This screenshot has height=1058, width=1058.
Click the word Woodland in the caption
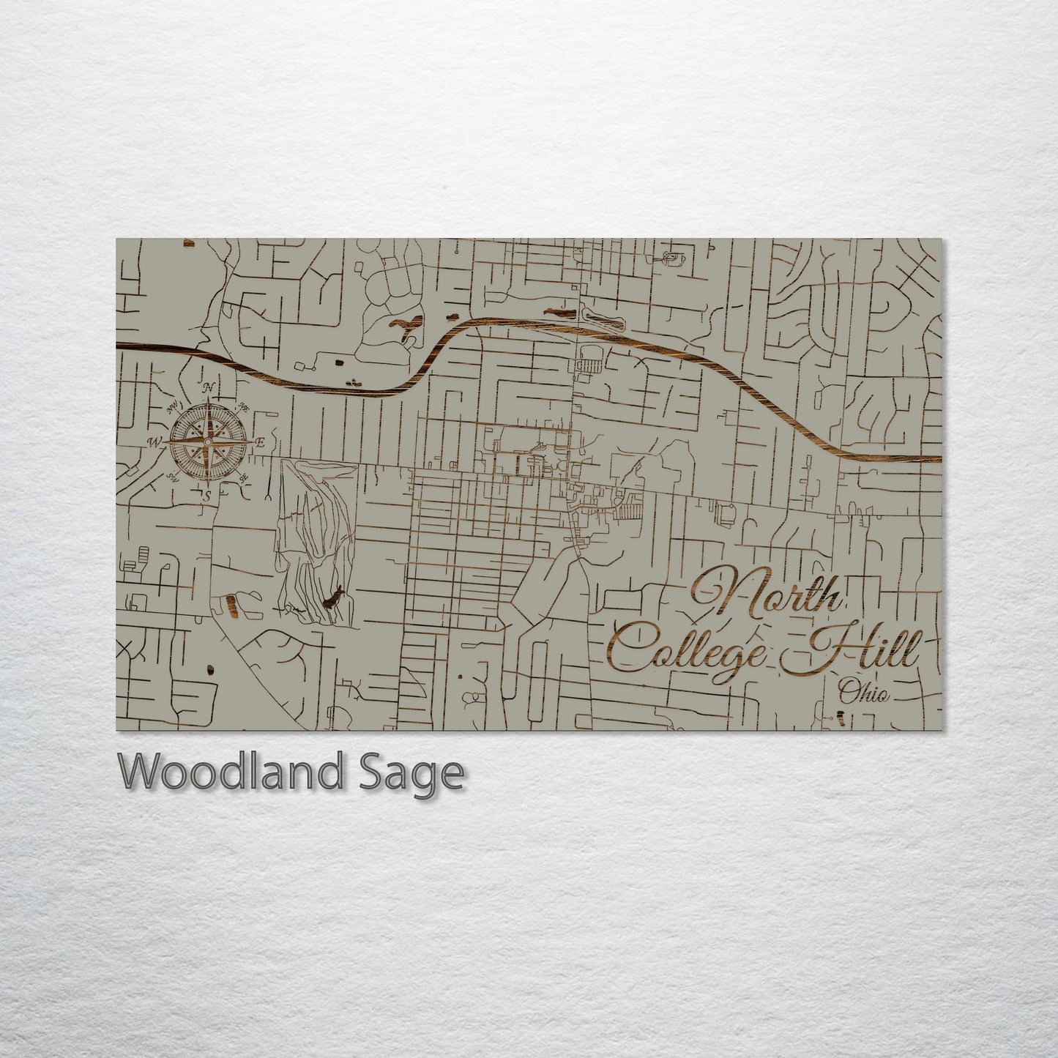(x=229, y=773)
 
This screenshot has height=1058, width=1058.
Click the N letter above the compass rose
(x=209, y=387)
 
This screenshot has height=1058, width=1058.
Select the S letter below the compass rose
(x=207, y=496)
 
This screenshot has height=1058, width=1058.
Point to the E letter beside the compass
(x=260, y=442)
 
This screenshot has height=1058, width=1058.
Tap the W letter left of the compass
(x=155, y=442)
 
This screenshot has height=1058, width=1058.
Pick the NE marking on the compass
(x=243, y=407)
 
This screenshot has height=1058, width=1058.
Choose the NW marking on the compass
(x=174, y=407)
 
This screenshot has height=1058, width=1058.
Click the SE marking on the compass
(x=245, y=477)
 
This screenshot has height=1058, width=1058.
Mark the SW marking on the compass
(x=173, y=477)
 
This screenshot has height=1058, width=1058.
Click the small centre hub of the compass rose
(x=208, y=442)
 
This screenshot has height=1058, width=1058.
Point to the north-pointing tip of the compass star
(x=209, y=399)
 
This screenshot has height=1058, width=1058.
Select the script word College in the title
(x=688, y=648)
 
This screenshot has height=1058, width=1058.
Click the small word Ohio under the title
(x=864, y=692)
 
